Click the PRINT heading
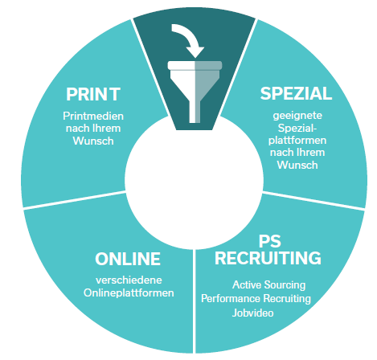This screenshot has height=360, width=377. [93, 94]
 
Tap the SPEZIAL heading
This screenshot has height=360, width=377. [296, 93]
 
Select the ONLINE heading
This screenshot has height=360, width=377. [128, 259]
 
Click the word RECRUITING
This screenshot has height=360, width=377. [268, 258]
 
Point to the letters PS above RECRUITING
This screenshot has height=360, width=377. [269, 241]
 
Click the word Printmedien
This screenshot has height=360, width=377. [93, 116]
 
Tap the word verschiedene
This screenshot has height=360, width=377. [129, 280]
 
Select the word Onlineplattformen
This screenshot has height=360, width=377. [129, 292]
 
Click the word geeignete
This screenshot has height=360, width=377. [297, 116]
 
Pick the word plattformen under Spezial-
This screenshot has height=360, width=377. [297, 141]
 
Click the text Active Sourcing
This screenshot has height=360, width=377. [269, 284]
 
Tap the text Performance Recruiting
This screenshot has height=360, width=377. [256, 298]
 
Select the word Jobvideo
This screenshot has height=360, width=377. [252, 313]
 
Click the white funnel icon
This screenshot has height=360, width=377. [195, 92]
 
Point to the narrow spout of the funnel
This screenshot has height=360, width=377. [195, 112]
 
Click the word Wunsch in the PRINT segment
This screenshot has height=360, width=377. [93, 141]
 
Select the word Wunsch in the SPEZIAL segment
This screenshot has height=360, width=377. [297, 165]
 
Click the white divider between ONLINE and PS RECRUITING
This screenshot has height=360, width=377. [194, 301]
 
